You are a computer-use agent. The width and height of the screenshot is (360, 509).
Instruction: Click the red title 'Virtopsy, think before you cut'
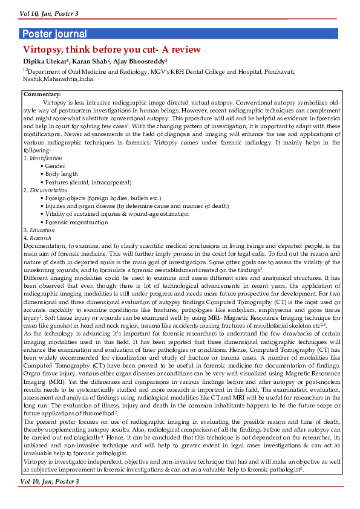(111, 50)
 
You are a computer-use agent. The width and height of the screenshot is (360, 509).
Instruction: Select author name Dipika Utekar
(45, 61)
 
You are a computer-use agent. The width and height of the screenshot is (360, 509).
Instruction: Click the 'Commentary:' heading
(42, 94)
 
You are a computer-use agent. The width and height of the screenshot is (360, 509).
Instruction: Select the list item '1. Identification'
(42, 158)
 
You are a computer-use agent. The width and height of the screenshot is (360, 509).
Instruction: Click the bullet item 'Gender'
(55, 166)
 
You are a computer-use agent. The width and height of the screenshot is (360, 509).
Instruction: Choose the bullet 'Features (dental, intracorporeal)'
(88, 182)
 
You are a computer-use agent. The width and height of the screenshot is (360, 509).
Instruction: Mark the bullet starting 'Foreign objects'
(94, 198)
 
